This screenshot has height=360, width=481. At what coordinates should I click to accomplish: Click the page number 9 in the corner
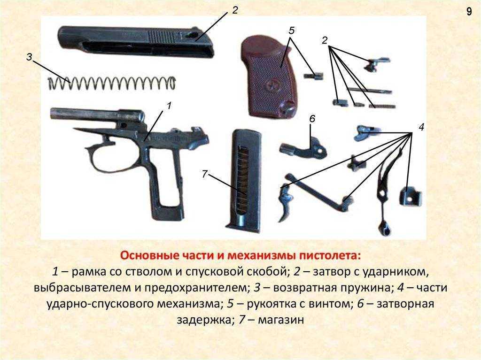coord(469,12)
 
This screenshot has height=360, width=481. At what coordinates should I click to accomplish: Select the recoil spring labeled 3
coord(112,83)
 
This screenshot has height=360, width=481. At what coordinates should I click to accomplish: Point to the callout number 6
coord(312,119)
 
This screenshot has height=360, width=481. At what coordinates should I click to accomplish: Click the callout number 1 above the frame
coord(169,106)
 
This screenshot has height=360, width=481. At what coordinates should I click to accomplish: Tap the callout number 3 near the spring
coord(29,57)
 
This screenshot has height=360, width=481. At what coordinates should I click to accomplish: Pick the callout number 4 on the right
coord(421,127)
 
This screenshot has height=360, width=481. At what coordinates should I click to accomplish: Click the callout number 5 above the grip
coord(291,31)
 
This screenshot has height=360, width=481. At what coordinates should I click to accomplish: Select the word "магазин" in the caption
coord(281,320)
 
